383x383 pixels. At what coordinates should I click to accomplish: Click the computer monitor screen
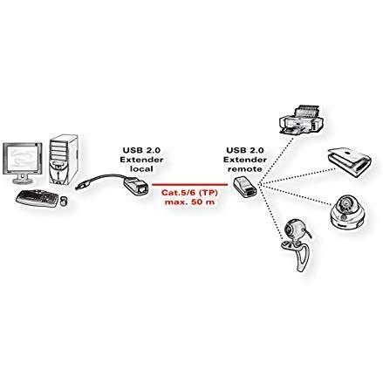22,159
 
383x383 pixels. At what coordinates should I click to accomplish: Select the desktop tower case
64,160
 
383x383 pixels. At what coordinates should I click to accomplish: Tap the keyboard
38,198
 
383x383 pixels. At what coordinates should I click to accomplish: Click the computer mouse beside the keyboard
64,201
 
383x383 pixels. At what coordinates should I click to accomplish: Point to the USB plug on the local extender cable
80,186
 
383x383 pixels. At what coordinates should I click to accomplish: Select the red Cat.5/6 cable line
189,184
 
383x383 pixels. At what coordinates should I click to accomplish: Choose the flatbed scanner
349,162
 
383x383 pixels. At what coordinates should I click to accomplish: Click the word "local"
141,168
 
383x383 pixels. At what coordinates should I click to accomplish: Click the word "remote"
245,168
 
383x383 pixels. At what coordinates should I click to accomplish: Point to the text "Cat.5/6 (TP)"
189,192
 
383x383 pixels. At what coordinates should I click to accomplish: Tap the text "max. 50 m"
189,202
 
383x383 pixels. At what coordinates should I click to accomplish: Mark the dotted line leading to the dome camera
294,195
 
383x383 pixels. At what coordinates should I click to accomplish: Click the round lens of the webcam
290,229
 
